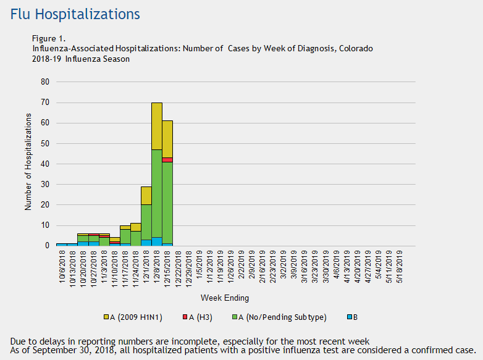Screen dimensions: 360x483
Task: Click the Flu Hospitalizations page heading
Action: coord(75,14)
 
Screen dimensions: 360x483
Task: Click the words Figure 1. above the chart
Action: coord(48,38)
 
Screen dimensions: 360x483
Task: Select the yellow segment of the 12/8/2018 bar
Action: coord(157,126)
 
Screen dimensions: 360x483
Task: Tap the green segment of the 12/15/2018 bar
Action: coord(167,204)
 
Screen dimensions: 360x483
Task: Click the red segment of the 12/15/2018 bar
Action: coord(167,160)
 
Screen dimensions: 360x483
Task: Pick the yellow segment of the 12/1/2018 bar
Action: coord(146,195)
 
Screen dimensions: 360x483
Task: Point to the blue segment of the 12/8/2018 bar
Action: coord(157,241)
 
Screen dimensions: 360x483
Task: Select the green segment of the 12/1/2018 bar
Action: coord(146,222)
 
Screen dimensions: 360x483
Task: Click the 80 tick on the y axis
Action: coord(45,82)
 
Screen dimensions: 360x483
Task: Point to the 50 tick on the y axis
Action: coord(45,143)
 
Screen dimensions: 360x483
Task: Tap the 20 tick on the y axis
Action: coord(45,204)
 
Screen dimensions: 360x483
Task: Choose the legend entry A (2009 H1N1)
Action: coord(136,317)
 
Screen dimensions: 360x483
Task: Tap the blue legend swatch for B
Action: coord(350,317)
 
